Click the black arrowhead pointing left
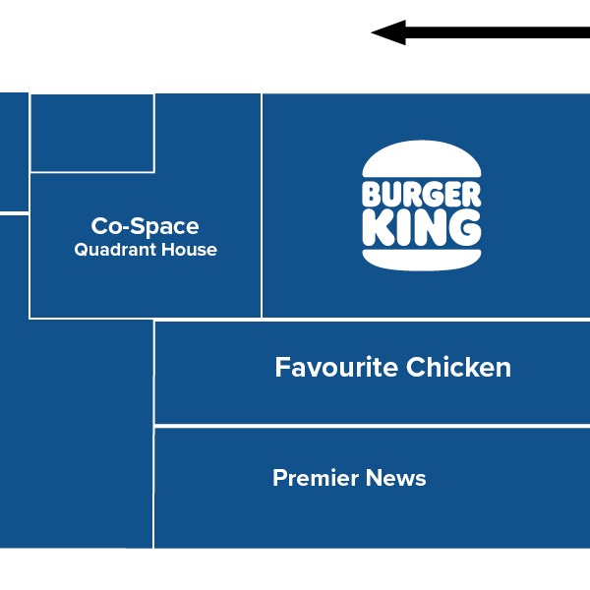point(386,33)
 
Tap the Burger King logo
point(422,206)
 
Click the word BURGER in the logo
point(422,193)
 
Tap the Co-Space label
point(146,227)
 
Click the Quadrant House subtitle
point(146,250)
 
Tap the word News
point(395,479)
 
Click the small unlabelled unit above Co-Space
point(91,133)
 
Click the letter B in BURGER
point(372,193)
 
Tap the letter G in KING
point(464,228)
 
